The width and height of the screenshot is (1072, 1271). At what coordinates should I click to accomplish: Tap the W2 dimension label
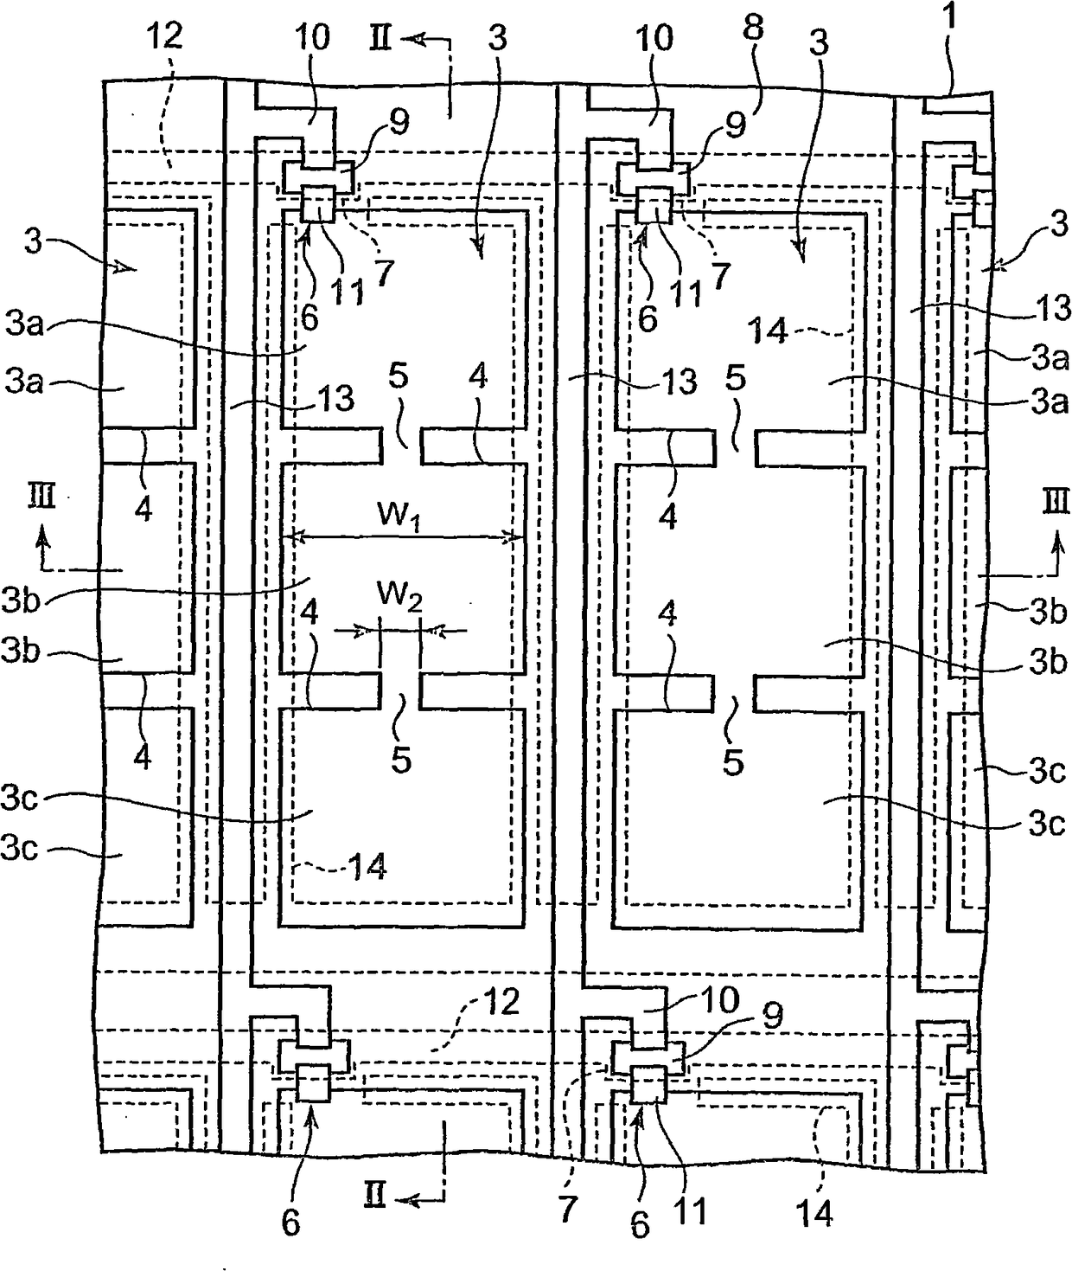pos(399,595)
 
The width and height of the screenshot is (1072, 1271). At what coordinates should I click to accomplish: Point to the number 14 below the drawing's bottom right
pos(814,1213)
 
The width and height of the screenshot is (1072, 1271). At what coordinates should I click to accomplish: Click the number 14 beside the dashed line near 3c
pos(367,866)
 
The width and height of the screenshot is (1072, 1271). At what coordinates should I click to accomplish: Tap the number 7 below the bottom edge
pos(567,1210)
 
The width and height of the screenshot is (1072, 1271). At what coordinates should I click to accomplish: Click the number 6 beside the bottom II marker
pos(291,1222)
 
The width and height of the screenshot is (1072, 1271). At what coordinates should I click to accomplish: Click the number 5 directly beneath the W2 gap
pos(401,761)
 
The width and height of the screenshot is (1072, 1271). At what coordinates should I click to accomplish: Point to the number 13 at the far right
pos(1050,308)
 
